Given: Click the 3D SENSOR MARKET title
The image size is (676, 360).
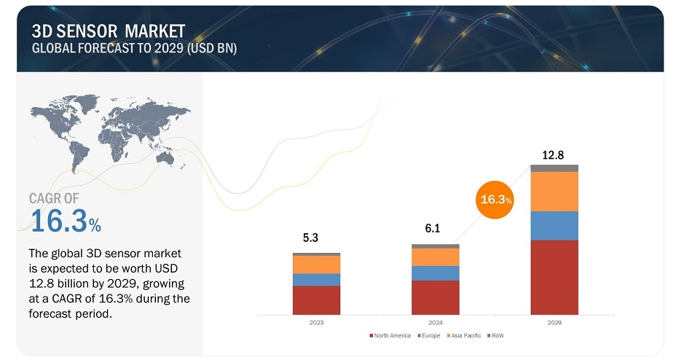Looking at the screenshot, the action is coord(109,31).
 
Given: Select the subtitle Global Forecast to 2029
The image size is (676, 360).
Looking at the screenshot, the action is coord(134,48).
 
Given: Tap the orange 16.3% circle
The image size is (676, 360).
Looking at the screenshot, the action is coord(495,200).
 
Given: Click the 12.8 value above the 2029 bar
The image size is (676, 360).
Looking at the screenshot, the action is coord(553,154).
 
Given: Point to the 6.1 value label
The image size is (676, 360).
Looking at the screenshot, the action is coord(433,228).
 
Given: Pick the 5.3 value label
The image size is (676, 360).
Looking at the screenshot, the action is coord(310,238).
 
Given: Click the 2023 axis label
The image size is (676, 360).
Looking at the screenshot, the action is coord(316,323).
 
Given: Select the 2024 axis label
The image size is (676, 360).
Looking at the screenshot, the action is coord(436,323).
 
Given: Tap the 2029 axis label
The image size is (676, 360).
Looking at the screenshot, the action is coord(554,323).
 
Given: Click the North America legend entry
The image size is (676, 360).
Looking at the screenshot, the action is coord(390,335).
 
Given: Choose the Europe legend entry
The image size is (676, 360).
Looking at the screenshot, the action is coord(428,335).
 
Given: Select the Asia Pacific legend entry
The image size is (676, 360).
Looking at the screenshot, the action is coord(464,335).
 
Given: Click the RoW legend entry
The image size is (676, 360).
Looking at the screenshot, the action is coord(495,335).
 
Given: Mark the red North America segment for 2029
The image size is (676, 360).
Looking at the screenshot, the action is coord(554,277).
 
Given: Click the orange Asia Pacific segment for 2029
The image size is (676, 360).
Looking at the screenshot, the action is coord(554,192).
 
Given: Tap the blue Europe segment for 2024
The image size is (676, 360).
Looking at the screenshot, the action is coord(436,273).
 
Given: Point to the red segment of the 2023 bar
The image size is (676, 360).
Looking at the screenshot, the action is coord(316,300).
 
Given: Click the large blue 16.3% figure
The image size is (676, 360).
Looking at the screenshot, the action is coord(66,221).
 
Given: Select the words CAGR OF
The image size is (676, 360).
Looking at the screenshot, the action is coord(54,198).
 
